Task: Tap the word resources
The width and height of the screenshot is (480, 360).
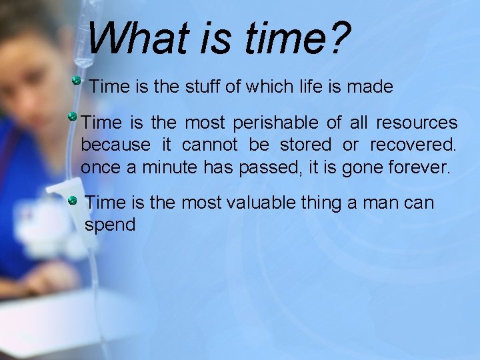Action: [417, 123]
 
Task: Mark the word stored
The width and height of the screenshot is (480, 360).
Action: [305, 145]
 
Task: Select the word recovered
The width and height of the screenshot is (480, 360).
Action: [413, 145]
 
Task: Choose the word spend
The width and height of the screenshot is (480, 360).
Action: [110, 225]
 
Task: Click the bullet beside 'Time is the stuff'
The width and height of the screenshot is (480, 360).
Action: [77, 81]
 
